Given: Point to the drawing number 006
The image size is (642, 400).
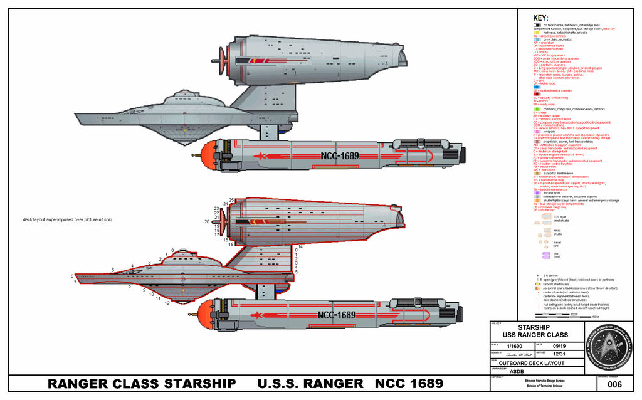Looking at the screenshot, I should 614,385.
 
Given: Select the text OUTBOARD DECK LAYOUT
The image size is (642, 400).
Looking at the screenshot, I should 536,363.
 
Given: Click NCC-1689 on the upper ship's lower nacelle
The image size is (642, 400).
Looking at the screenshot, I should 343,155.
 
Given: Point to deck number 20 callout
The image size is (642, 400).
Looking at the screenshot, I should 207,222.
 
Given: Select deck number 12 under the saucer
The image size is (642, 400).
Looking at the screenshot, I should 167,303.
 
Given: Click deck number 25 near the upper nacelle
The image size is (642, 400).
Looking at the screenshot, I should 231,200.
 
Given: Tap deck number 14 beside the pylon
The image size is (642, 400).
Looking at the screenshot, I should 300,247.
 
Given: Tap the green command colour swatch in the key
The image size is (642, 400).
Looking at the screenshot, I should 537,109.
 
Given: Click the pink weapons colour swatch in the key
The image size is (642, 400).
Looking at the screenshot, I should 537,131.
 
